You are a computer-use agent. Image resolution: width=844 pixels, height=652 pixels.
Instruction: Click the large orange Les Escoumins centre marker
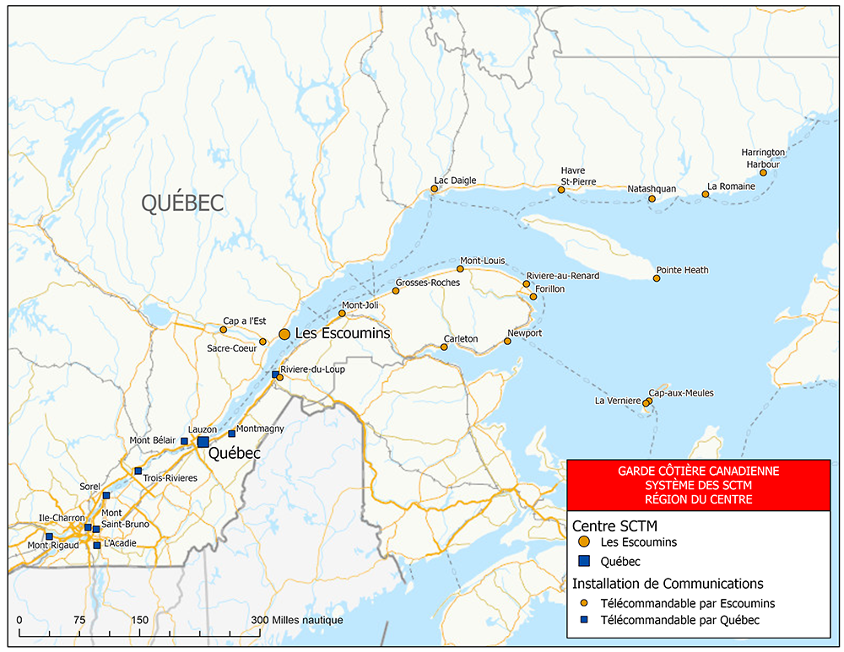(x=284, y=334)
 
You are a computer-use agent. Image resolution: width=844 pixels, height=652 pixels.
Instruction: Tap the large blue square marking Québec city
(x=203, y=442)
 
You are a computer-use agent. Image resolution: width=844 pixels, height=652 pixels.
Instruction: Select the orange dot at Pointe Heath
(x=657, y=278)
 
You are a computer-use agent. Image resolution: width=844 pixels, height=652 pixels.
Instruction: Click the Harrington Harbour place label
(x=763, y=158)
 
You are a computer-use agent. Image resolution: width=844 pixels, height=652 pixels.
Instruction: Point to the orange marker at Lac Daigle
(x=435, y=189)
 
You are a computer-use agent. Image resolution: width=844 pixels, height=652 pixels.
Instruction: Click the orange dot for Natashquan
(x=652, y=199)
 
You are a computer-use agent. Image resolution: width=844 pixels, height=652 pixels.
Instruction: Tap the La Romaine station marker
(x=706, y=195)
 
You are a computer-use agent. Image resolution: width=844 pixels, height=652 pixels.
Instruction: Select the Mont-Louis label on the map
(x=482, y=261)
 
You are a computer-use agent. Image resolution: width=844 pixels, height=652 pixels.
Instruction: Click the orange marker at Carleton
(x=444, y=347)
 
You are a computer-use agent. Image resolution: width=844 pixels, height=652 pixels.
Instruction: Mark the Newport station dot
(x=508, y=342)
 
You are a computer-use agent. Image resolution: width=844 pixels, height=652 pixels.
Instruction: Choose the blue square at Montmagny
(x=232, y=434)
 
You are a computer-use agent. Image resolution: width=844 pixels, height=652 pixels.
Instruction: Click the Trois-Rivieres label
(x=170, y=478)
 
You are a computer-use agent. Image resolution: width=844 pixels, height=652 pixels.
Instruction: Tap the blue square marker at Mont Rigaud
(x=49, y=536)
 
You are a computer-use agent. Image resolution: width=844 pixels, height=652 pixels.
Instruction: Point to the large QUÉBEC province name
(x=182, y=203)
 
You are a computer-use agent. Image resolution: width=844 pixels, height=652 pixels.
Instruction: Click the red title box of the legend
(x=699, y=485)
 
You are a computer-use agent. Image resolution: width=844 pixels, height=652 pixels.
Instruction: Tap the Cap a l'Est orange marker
(x=224, y=330)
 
